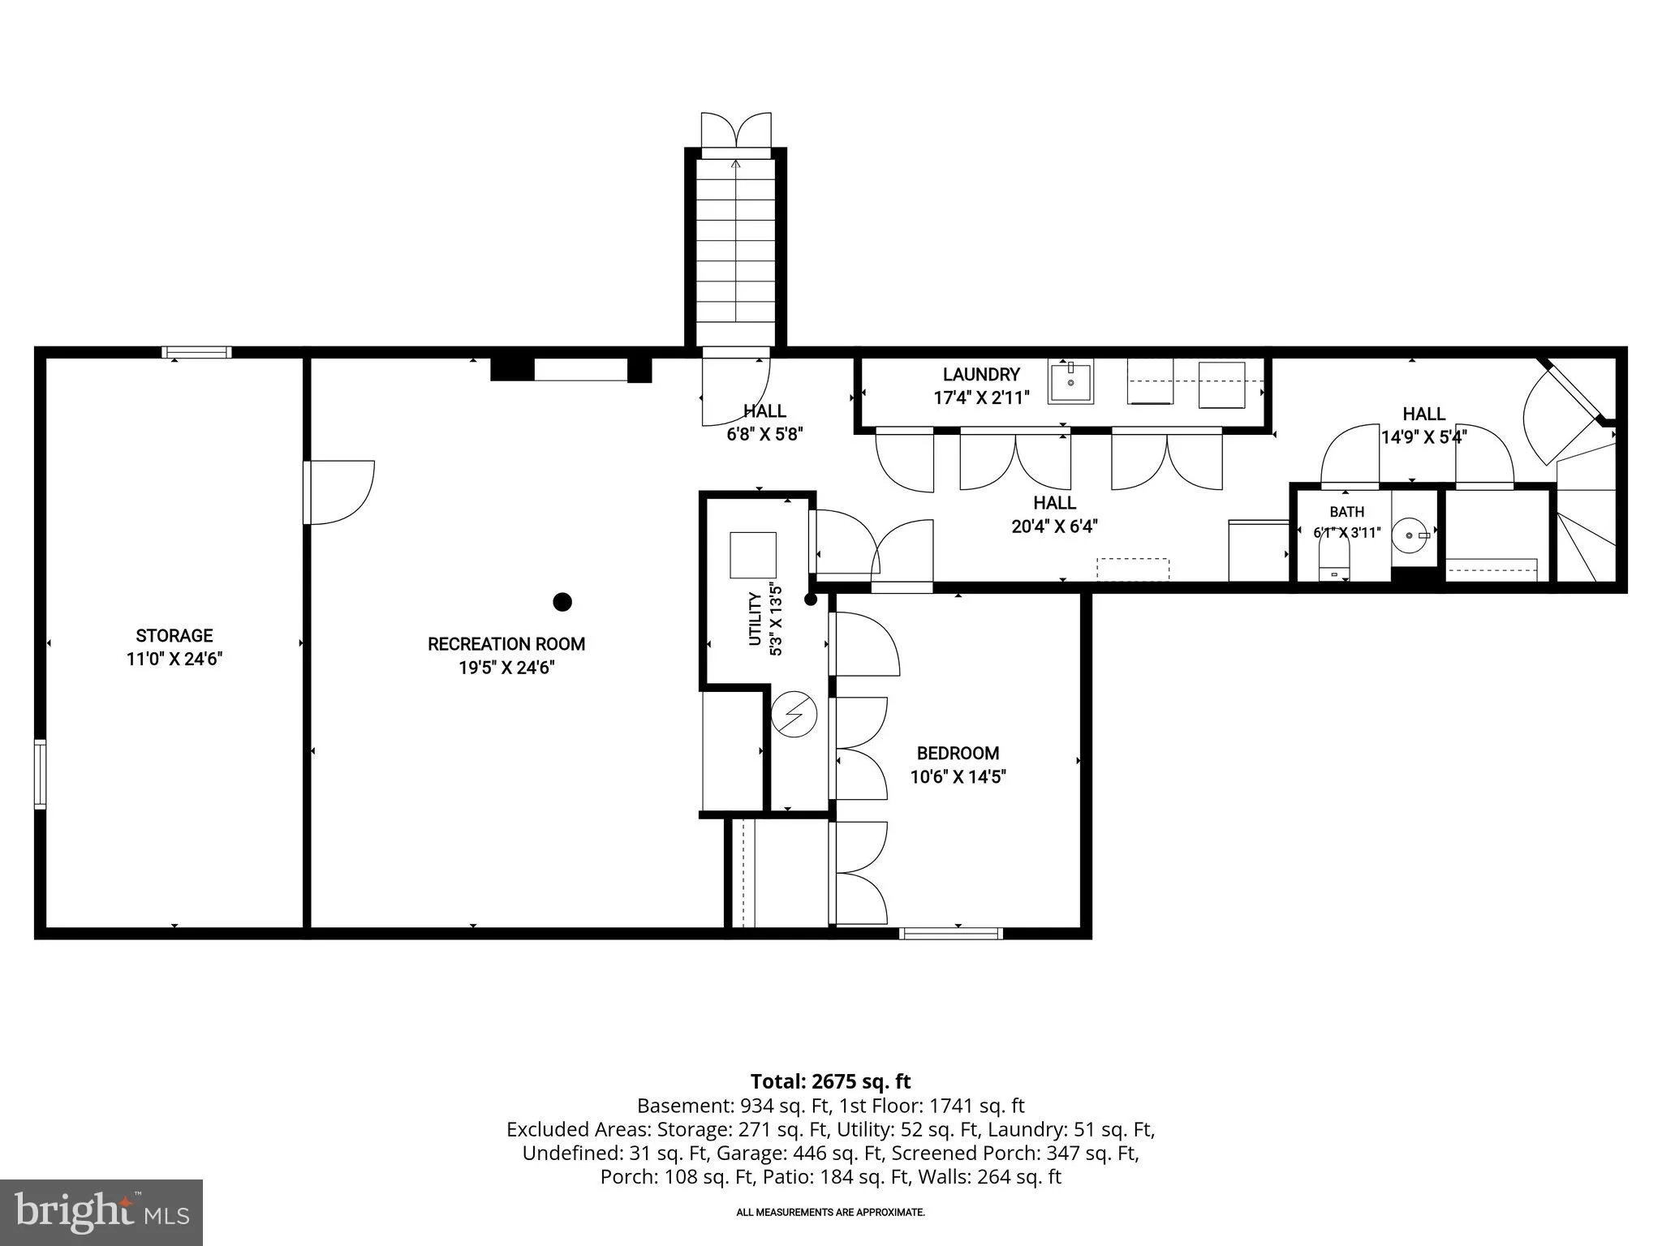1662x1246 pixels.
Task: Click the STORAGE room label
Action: click(x=174, y=636)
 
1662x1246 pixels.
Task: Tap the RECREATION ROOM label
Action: click(x=506, y=644)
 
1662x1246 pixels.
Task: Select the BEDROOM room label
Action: click(x=958, y=753)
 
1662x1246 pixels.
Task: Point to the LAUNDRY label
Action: click(x=981, y=375)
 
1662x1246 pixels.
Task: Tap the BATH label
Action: click(x=1347, y=512)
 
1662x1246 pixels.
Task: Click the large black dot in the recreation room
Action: click(x=562, y=602)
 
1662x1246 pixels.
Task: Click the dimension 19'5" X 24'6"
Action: click(x=506, y=668)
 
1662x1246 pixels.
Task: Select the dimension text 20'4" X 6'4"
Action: click(x=1055, y=526)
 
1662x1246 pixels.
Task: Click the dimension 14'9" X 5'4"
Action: click(x=1424, y=437)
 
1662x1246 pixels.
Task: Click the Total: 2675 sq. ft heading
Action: click(x=831, y=1081)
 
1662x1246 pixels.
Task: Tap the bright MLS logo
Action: click(x=101, y=1213)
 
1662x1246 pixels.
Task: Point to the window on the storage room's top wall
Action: click(x=196, y=353)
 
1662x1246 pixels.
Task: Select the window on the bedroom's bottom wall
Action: click(x=950, y=934)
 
